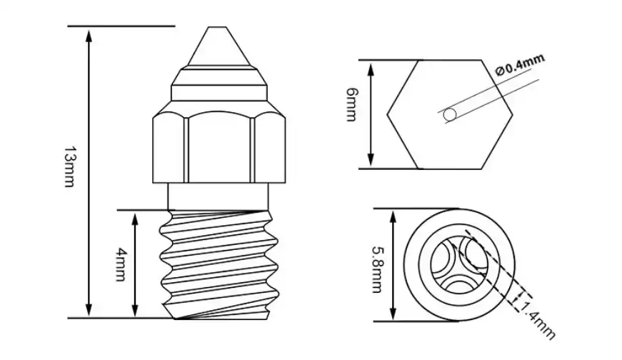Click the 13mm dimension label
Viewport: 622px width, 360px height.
[x=69, y=167]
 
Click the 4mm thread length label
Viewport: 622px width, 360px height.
[x=121, y=264]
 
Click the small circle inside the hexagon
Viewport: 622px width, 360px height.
[x=450, y=114]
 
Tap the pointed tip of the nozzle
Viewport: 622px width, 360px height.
[x=217, y=30]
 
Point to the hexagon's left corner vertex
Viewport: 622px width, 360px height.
[x=388, y=114]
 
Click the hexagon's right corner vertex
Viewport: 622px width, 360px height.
[x=512, y=114]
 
